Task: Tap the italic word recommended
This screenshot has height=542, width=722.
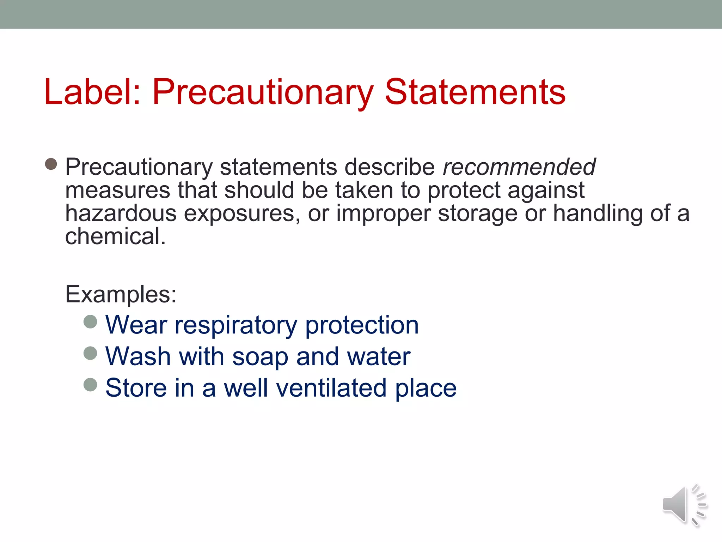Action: pyautogui.click(x=519, y=167)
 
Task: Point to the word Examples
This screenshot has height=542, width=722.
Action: pyautogui.click(x=121, y=294)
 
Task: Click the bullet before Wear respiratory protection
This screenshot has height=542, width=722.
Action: pyautogui.click(x=90, y=322)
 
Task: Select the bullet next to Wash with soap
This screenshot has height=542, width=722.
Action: pyautogui.click(x=90, y=353)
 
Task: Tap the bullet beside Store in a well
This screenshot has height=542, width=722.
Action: pyautogui.click(x=90, y=385)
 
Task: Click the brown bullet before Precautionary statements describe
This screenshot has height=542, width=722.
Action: pyautogui.click(x=51, y=164)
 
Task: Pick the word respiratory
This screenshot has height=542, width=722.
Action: pyautogui.click(x=236, y=325)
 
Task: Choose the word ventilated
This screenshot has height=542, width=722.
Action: pyautogui.click(x=331, y=388)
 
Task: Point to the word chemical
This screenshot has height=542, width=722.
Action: pyautogui.click(x=115, y=236)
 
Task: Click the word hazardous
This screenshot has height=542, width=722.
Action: pyautogui.click(x=121, y=213)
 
